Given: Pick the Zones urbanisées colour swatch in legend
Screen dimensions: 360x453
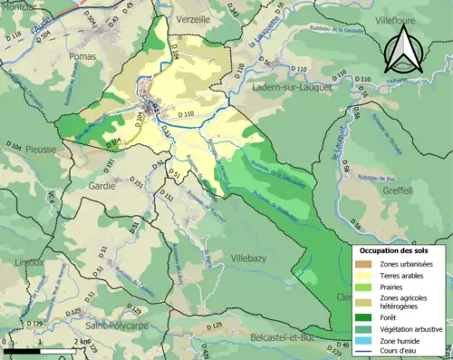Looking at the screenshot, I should (x=363, y=264).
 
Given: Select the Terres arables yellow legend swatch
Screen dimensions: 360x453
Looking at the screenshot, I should (x=363, y=276).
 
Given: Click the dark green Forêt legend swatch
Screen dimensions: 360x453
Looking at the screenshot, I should (x=363, y=317).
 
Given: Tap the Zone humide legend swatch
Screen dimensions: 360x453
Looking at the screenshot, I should (x=363, y=341).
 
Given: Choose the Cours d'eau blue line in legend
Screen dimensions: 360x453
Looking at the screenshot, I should (x=363, y=352).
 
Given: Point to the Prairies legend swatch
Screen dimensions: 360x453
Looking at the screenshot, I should (x=363, y=287).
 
